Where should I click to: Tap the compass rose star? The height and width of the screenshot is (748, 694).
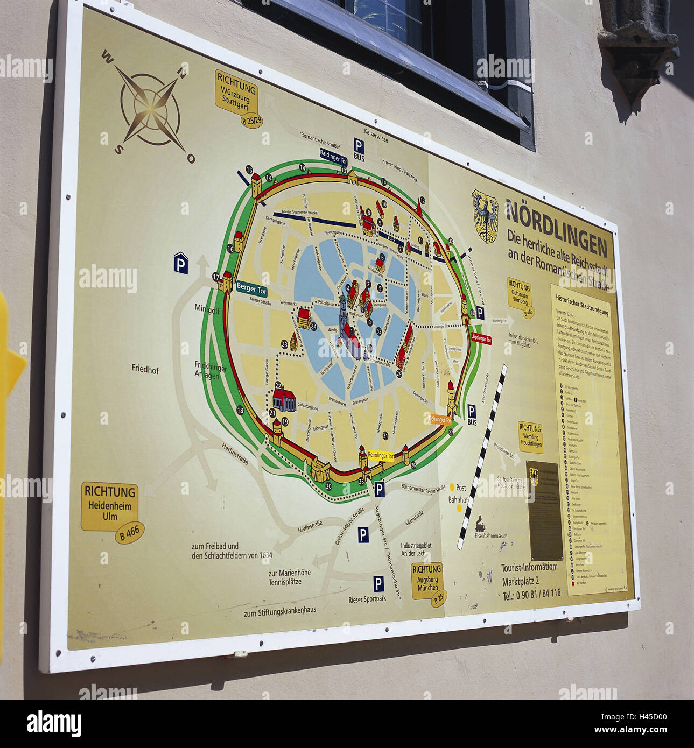tap(150, 108)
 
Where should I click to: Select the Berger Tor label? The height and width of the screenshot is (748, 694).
tap(251, 289)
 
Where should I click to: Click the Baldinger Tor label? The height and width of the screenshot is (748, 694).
tap(334, 156)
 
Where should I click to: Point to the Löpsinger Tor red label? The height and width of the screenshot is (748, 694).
tap(481, 338)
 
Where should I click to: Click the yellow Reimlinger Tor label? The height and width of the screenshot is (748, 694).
tap(381, 456)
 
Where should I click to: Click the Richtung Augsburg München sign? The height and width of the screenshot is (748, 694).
tap(427, 580)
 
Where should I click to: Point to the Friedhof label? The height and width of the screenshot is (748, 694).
tap(145, 369)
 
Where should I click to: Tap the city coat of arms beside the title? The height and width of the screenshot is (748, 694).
tap(485, 215)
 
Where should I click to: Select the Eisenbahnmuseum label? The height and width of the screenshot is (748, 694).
tap(490, 536)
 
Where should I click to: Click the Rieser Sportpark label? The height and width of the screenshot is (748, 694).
tap(367, 599)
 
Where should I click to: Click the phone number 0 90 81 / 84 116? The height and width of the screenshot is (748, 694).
tap(531, 595)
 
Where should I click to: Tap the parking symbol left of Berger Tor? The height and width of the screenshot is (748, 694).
tap(181, 263)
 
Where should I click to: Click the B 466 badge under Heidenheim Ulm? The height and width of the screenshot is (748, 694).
tap(130, 532)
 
